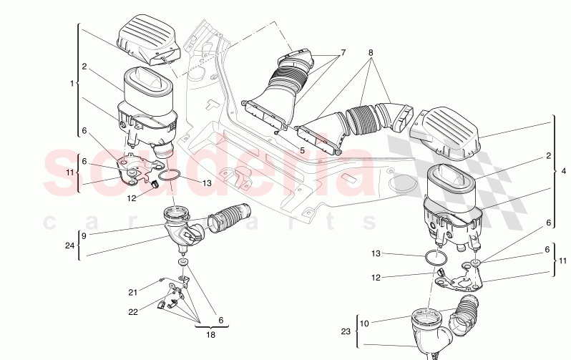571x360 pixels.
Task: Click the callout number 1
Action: (72, 84)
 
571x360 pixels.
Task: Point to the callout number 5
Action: (303, 151)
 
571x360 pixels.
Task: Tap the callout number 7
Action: (343, 53)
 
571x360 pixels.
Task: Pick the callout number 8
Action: (371, 53)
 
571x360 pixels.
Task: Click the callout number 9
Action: (84, 235)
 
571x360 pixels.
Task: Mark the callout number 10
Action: (365, 323)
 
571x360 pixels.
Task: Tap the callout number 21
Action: (132, 292)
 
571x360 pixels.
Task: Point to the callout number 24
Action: (69, 245)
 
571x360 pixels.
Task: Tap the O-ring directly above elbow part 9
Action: (168, 176)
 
